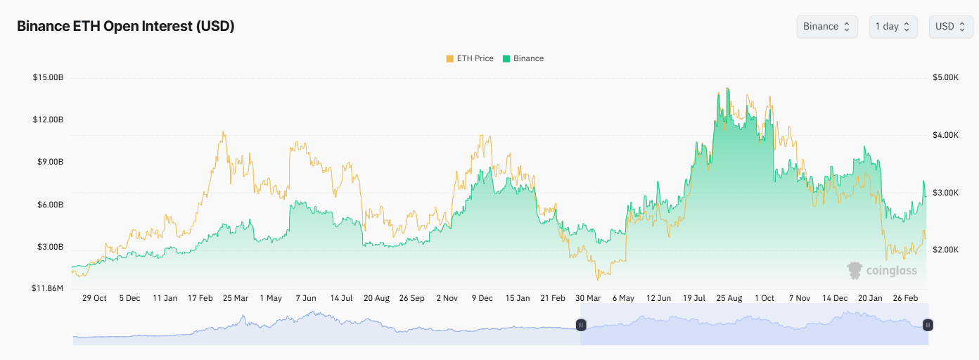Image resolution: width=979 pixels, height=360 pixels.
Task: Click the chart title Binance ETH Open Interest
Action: tap(125, 26)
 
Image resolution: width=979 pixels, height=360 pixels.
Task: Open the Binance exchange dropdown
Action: tap(826, 26)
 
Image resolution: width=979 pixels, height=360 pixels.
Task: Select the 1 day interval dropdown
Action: tap(892, 26)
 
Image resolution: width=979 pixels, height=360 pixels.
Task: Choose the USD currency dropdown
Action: tap(950, 26)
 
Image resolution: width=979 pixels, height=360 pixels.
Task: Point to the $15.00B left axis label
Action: tap(48, 77)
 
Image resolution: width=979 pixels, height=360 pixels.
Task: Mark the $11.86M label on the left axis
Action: tap(46, 288)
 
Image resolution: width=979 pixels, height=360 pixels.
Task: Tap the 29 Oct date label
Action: tap(94, 298)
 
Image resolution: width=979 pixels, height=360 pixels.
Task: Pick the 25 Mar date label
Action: tap(236, 298)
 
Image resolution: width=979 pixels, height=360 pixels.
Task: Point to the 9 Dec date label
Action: tap(482, 298)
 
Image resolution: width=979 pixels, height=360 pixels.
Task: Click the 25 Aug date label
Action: tap(729, 298)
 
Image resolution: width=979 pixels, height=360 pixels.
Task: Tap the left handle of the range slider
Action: tap(581, 325)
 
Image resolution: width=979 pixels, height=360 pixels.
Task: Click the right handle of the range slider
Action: tap(928, 325)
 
